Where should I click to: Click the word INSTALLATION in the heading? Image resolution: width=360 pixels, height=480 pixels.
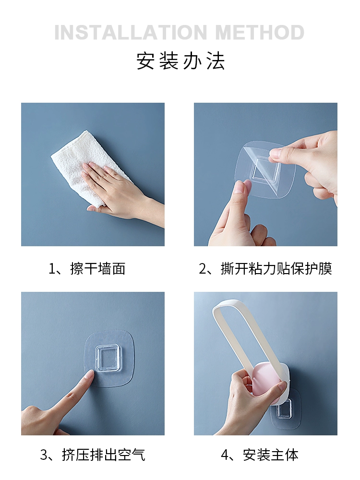(131, 33)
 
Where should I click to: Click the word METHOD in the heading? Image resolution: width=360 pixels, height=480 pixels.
(260, 33)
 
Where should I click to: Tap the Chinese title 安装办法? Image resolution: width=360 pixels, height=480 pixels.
(180, 61)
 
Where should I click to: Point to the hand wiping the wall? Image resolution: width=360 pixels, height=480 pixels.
(122, 190)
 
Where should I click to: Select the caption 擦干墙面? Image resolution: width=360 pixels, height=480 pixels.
(97, 268)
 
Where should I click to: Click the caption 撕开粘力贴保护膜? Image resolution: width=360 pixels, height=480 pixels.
(276, 268)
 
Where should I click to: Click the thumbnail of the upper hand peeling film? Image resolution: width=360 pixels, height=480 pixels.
(276, 153)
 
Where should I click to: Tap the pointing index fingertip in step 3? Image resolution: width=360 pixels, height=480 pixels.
(90, 373)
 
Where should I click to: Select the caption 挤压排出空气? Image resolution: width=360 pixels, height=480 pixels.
(104, 455)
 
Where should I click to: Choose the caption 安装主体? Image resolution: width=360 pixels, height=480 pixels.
(271, 455)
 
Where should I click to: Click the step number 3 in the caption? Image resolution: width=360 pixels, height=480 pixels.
(44, 455)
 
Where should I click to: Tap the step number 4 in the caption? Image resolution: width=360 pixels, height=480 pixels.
(225, 455)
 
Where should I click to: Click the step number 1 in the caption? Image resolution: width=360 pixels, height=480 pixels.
(52, 269)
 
